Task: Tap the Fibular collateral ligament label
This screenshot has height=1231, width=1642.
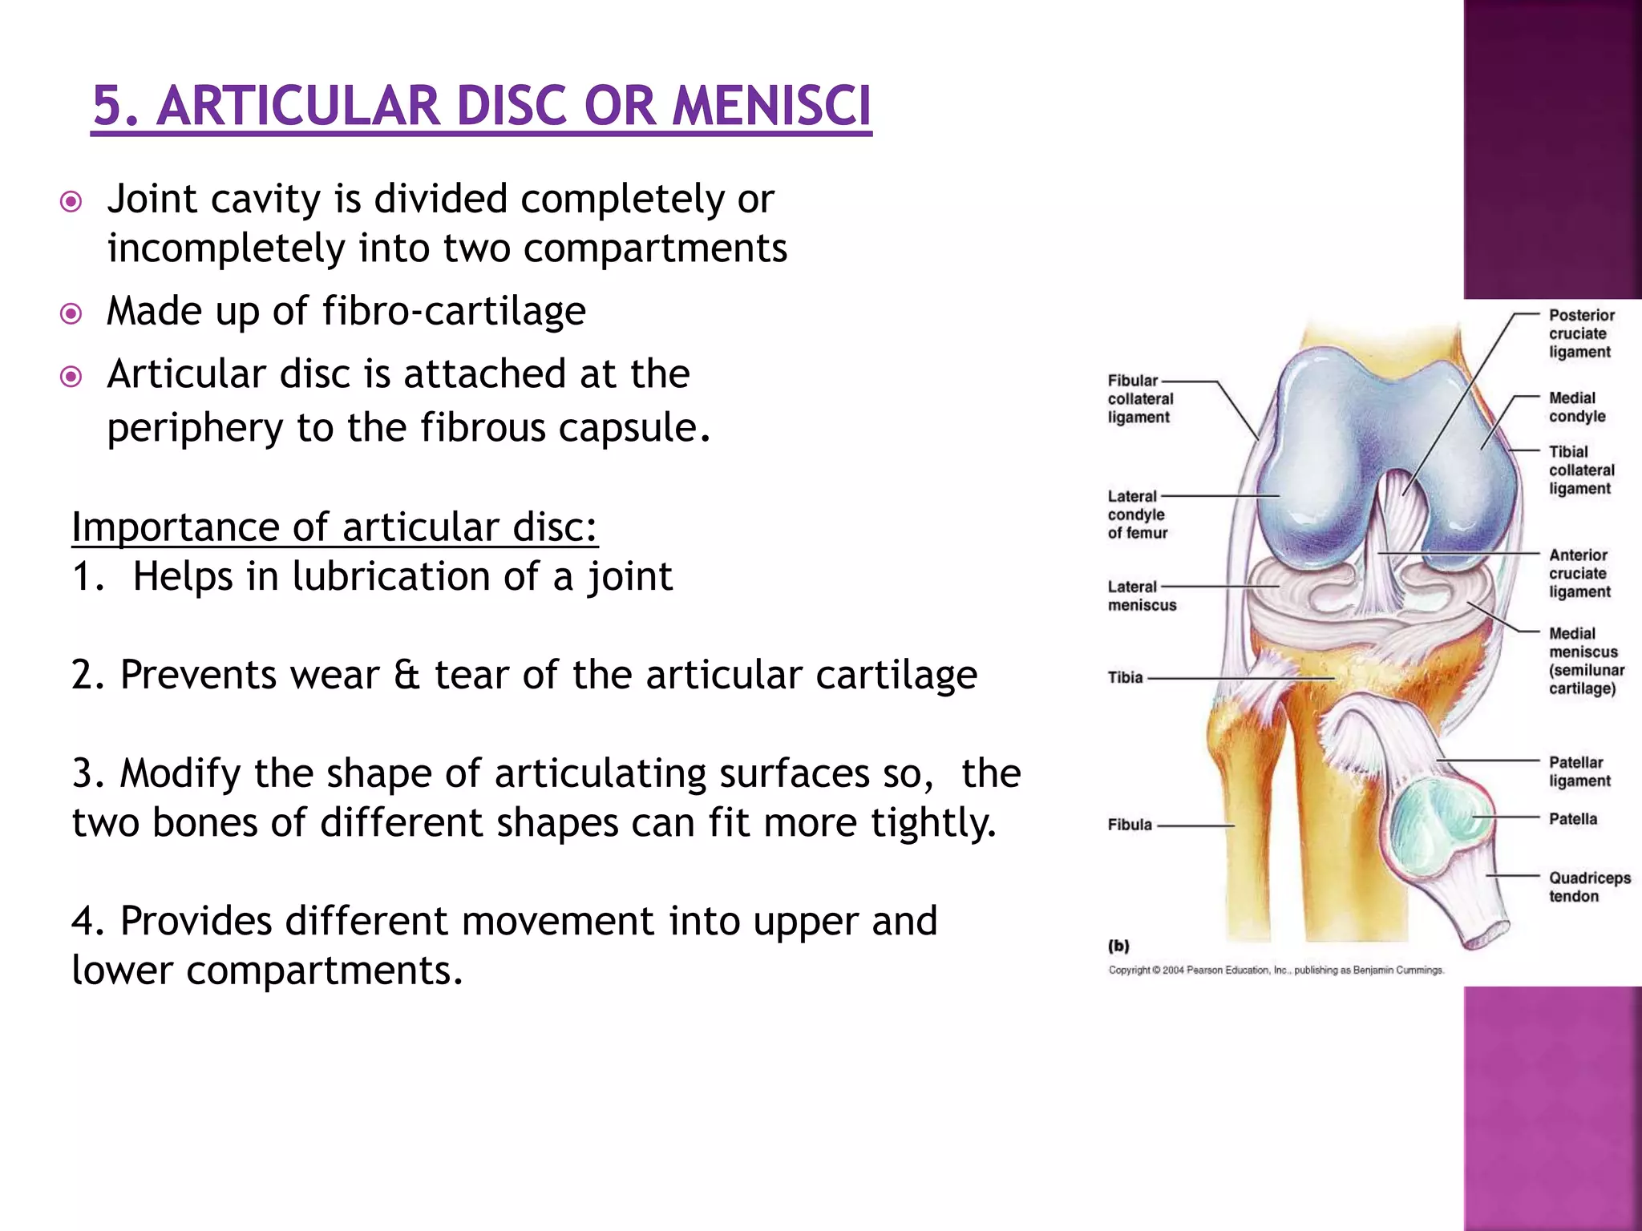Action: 1140,398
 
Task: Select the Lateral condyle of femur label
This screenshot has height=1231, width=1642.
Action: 1137,515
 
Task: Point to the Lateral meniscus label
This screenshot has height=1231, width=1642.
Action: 1142,595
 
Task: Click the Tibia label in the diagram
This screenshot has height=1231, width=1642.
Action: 1125,677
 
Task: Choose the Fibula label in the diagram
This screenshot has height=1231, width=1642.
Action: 1129,824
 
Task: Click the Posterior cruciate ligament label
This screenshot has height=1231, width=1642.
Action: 1580,333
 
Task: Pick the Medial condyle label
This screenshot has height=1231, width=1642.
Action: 1577,407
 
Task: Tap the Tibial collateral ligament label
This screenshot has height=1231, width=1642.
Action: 1581,470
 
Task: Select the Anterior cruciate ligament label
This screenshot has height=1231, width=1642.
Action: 1579,573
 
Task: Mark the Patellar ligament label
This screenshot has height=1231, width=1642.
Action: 1579,771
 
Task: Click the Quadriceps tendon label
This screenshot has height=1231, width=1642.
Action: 1588,886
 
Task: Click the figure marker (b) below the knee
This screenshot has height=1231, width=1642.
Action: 1118,946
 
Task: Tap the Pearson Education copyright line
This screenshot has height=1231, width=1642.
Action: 1276,970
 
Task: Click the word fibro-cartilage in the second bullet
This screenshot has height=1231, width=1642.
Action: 454,311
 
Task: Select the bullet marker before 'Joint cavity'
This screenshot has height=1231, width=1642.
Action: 71,201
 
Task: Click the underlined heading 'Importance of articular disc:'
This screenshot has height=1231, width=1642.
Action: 334,527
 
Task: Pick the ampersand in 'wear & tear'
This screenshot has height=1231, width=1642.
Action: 406,675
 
